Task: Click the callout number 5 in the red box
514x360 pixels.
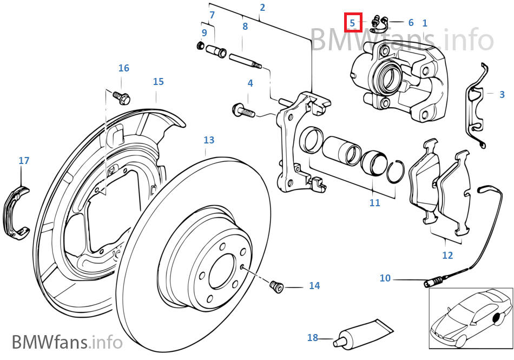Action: click(352, 23)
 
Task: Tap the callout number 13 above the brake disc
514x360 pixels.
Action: click(209, 140)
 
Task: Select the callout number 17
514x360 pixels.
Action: click(24, 161)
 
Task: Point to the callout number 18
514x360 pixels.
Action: click(313, 337)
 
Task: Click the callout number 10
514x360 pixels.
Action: click(385, 278)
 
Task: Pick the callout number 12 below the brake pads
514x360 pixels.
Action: click(447, 255)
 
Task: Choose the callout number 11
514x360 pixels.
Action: click(375, 202)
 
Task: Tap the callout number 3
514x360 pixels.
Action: click(502, 94)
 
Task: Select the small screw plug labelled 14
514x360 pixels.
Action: click(276, 286)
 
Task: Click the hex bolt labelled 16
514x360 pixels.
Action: click(121, 97)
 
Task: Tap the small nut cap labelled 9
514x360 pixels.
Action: click(201, 45)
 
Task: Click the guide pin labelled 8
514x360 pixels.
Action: click(245, 61)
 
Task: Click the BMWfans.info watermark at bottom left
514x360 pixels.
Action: click(67, 342)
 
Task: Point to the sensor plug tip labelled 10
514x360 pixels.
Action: click(433, 282)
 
